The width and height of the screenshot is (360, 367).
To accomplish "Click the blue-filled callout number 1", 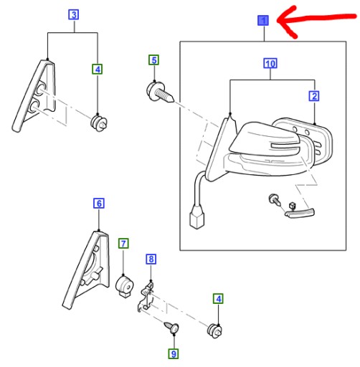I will click(x=263, y=21).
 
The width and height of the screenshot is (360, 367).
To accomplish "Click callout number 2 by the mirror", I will click(x=314, y=95).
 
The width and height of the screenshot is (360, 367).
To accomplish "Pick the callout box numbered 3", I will click(x=75, y=14).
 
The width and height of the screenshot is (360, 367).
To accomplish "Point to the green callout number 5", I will click(x=152, y=59).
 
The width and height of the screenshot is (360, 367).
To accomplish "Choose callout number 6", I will click(x=99, y=204).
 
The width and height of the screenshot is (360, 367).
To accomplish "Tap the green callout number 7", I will click(x=123, y=244).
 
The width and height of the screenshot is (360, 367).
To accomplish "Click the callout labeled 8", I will click(x=150, y=258).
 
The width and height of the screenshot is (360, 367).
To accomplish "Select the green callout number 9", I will click(x=172, y=353).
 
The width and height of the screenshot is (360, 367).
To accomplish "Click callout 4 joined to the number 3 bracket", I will click(x=98, y=70).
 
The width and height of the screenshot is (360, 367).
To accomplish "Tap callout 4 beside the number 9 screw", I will click(x=217, y=298).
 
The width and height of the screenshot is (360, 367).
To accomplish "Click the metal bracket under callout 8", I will click(x=148, y=298).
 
